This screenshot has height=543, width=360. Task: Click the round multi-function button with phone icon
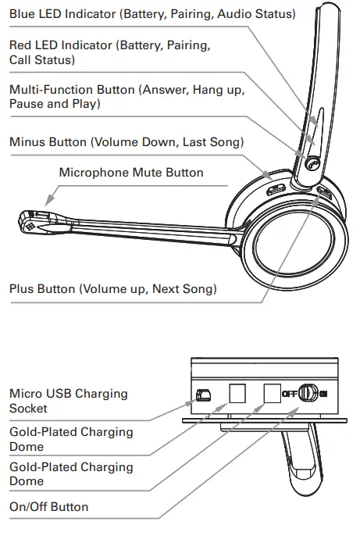312,164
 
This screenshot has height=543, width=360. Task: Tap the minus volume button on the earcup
276,188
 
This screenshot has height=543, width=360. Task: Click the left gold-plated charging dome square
237,393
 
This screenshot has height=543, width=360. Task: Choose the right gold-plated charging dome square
272,393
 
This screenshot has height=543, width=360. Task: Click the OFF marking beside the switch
289,393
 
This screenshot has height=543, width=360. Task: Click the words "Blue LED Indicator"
60,15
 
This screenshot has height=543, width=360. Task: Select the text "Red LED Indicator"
59,45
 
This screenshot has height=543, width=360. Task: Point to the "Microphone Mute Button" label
131,173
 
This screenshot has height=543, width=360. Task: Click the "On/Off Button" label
48,506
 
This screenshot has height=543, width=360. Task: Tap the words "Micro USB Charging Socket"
68,401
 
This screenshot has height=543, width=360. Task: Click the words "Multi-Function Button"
72,90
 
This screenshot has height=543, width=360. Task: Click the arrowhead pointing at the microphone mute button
48,201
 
